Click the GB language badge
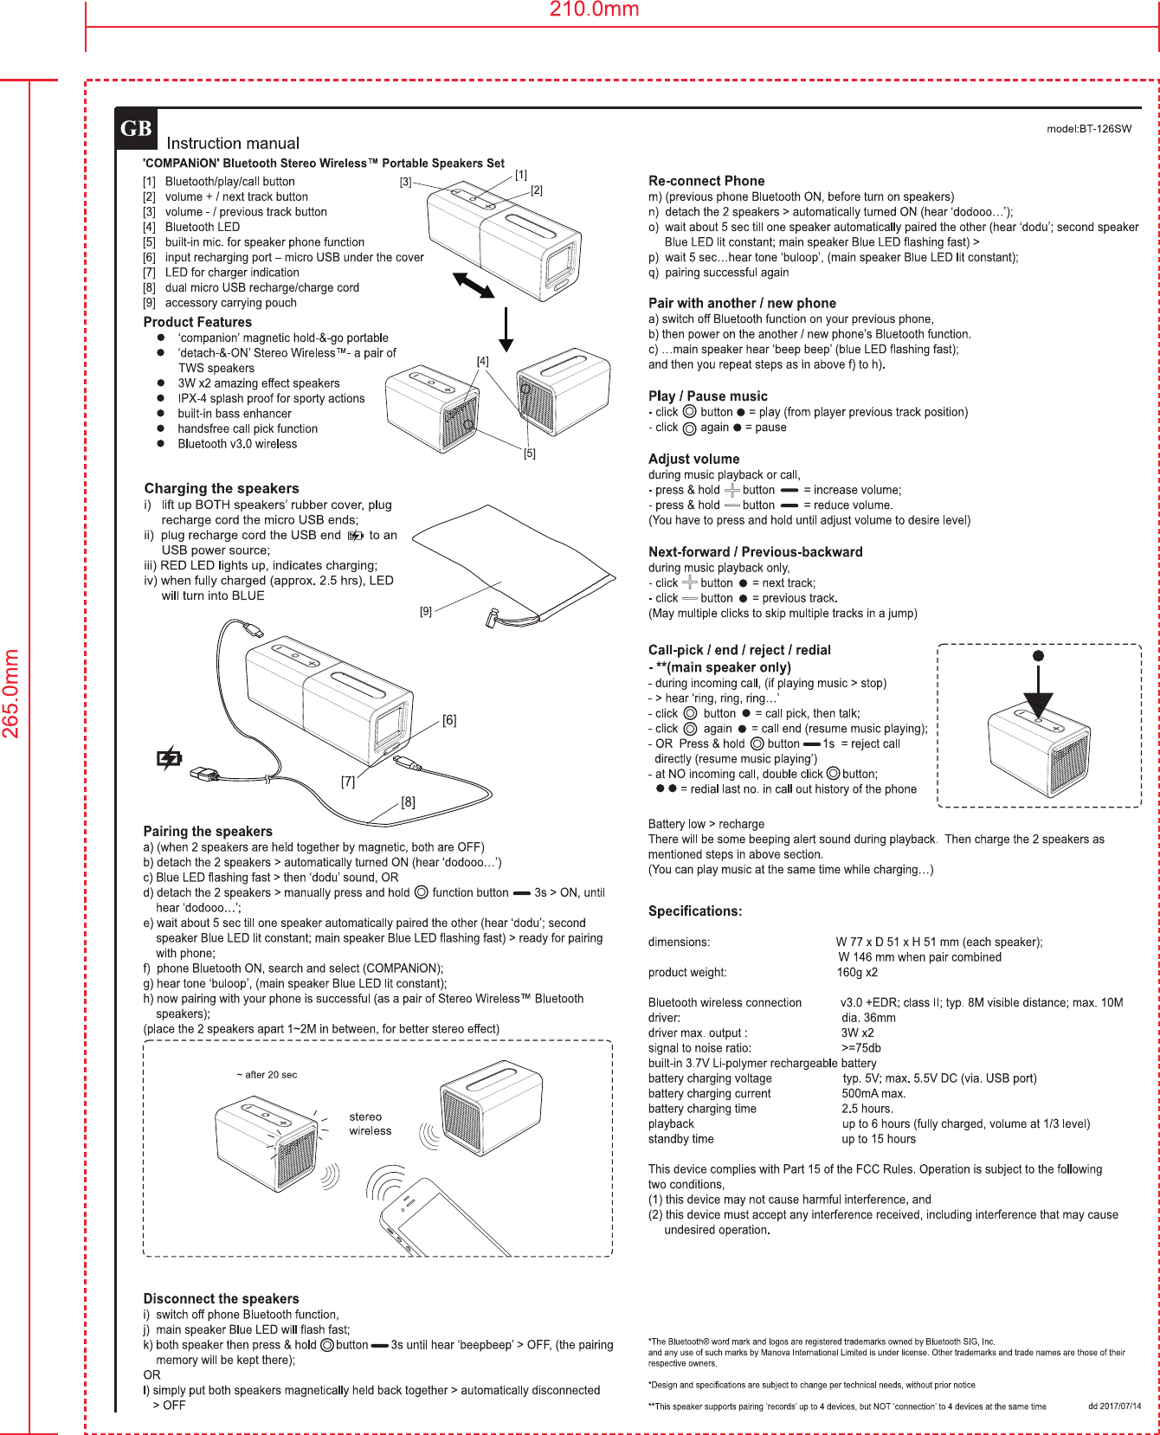coord(136,129)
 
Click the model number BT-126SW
coord(1089,129)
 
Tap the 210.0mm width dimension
coord(595,10)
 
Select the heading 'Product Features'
coord(197,322)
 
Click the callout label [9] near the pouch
coord(426,611)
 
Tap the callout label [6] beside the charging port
coord(449,720)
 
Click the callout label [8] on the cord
coord(408,802)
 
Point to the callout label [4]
coord(482,361)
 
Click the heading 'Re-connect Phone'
coord(706,181)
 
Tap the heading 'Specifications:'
coord(695,911)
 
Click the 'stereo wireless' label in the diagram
coord(370,1123)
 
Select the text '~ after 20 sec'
coord(267,1075)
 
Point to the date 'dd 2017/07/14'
coord(1114,1406)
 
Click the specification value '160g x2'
coord(857,972)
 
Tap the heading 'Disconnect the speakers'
coord(221,1298)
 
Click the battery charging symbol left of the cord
coord(170,759)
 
